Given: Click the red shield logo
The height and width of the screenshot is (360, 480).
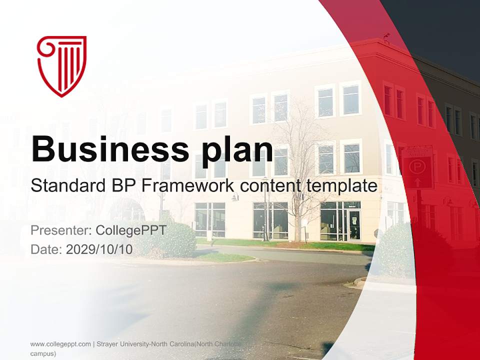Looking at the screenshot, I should click(62, 65).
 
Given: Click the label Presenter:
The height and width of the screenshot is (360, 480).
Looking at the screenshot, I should click(60, 230).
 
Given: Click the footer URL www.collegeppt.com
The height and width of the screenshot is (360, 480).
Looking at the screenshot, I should click(60, 344).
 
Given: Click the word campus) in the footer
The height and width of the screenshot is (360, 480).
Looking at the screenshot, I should click(43, 353).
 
